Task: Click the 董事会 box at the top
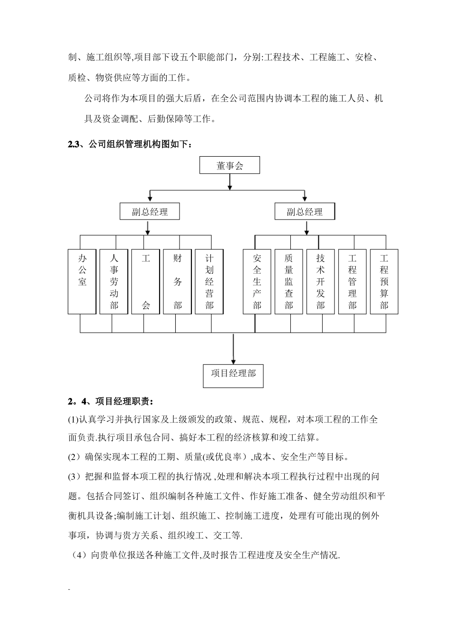(230, 166)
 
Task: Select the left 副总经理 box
(150, 212)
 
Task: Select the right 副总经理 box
(305, 212)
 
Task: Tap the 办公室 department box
(82, 282)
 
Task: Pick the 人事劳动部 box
(114, 282)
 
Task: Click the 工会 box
(146, 282)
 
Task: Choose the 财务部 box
(178, 282)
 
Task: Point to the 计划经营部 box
(209, 282)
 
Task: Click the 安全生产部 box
(257, 282)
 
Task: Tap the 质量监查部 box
(289, 282)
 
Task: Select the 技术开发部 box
(321, 282)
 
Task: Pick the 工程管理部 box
(352, 282)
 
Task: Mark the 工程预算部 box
(384, 282)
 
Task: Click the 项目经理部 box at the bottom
(233, 376)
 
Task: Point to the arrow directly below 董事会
(230, 183)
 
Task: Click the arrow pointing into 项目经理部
(233, 350)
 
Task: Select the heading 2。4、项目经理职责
(111, 402)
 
